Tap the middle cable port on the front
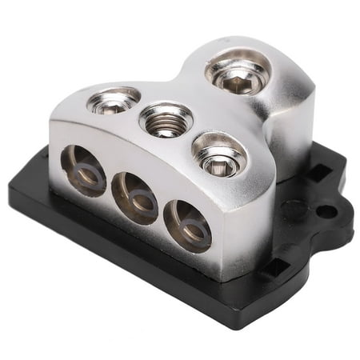click(x=134, y=196)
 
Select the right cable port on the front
click(x=186, y=225)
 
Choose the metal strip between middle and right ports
click(x=160, y=212)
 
